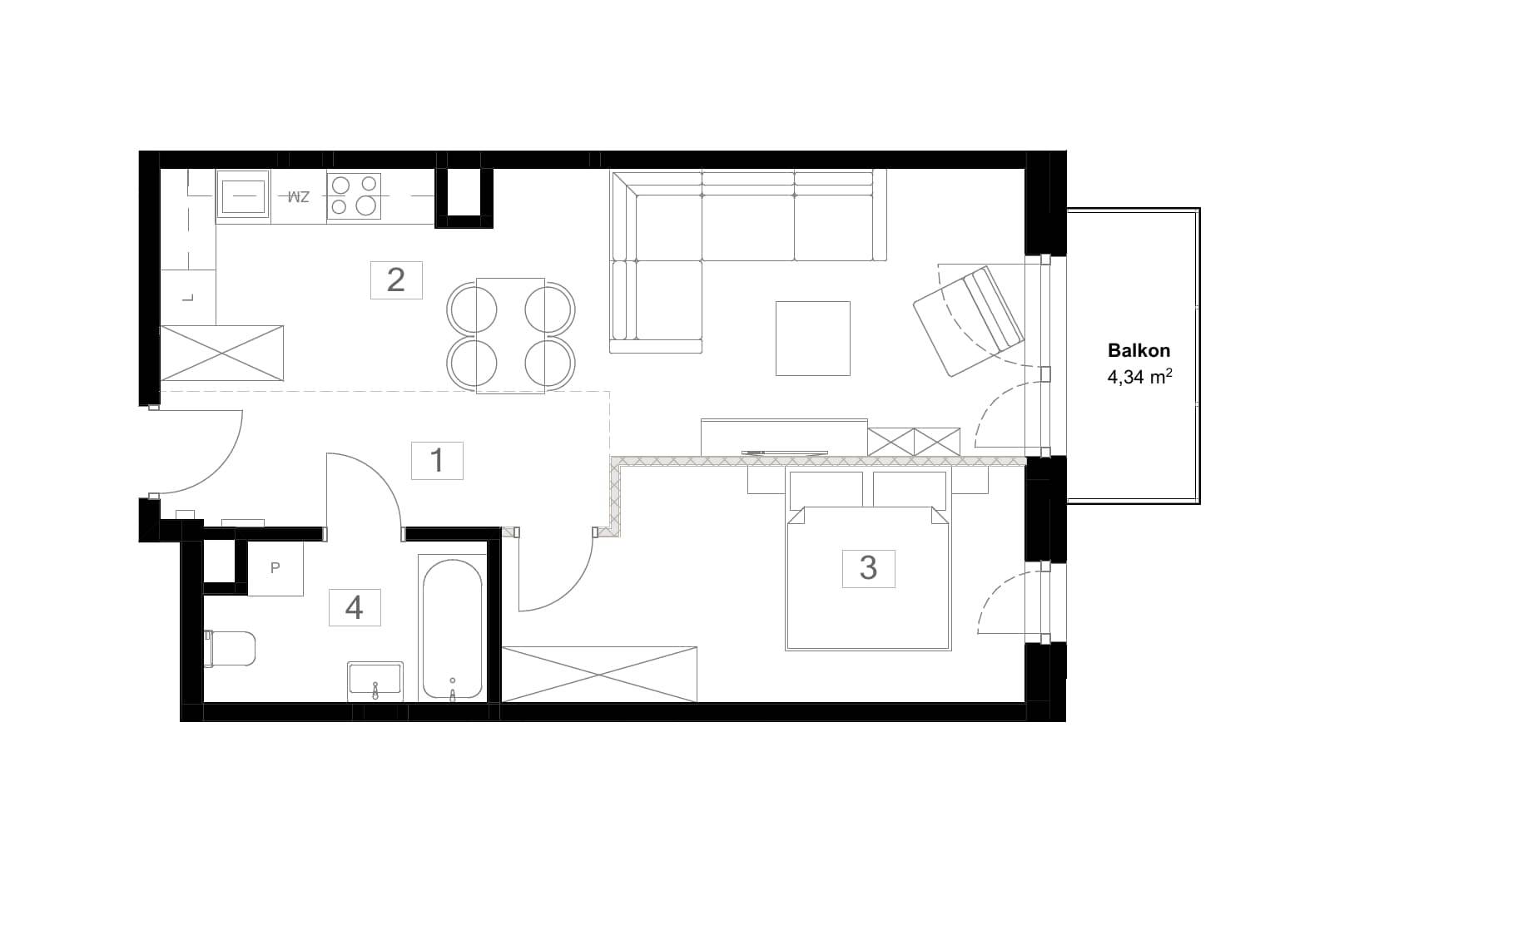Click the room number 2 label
click(396, 280)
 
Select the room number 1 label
click(437, 460)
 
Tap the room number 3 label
click(868, 568)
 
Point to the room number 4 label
click(355, 607)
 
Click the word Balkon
click(1138, 351)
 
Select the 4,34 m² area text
click(1139, 377)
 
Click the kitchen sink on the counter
click(243, 196)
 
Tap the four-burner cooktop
click(354, 196)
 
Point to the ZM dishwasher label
click(298, 197)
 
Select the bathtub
click(452, 629)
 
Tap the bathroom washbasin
click(375, 680)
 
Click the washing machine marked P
click(275, 569)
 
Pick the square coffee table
click(813, 339)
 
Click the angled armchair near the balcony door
click(969, 320)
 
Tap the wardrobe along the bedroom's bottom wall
click(599, 675)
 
